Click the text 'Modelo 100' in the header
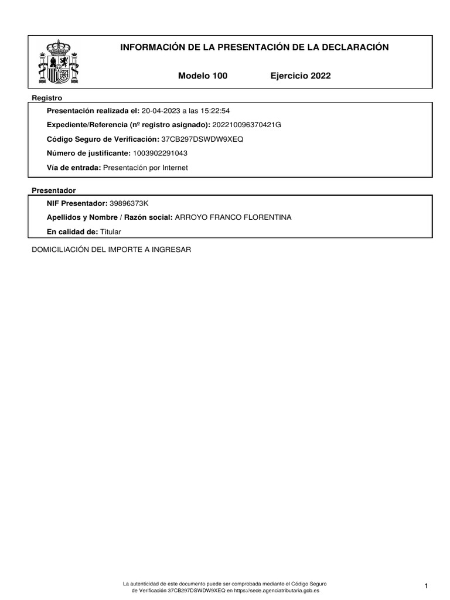[202, 76]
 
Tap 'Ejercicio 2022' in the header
[301, 76]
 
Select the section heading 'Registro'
[47, 98]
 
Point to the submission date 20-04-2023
[161, 111]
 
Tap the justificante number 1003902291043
[161, 154]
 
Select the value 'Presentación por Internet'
[146, 168]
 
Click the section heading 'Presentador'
[53, 190]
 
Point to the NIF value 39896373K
[129, 203]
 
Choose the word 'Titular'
[110, 231]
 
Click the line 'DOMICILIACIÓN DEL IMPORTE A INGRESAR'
[111, 250]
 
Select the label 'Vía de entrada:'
[73, 168]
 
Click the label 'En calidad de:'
[72, 231]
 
